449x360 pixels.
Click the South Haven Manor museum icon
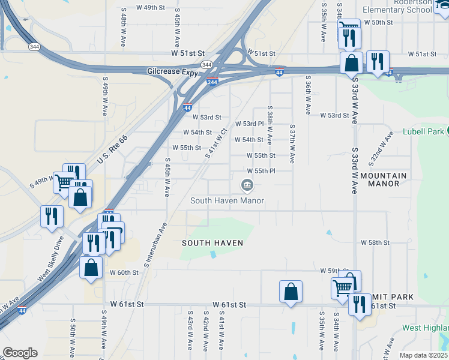point(247,186)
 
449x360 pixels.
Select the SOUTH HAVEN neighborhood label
point(213,243)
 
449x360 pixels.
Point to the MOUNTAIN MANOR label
point(384,179)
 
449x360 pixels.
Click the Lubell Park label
point(422,132)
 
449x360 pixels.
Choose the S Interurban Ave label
point(154,245)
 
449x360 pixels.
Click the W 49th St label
point(150,8)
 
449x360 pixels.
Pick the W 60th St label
point(124,272)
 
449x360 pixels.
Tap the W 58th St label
point(375,243)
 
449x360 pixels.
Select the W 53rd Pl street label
point(249,124)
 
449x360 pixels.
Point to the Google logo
point(20,353)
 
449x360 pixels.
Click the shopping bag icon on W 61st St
point(291,292)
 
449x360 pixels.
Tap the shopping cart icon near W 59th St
point(342,287)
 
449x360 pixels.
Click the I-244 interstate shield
point(212,82)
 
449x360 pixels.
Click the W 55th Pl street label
point(261,171)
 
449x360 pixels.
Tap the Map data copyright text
point(424,355)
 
